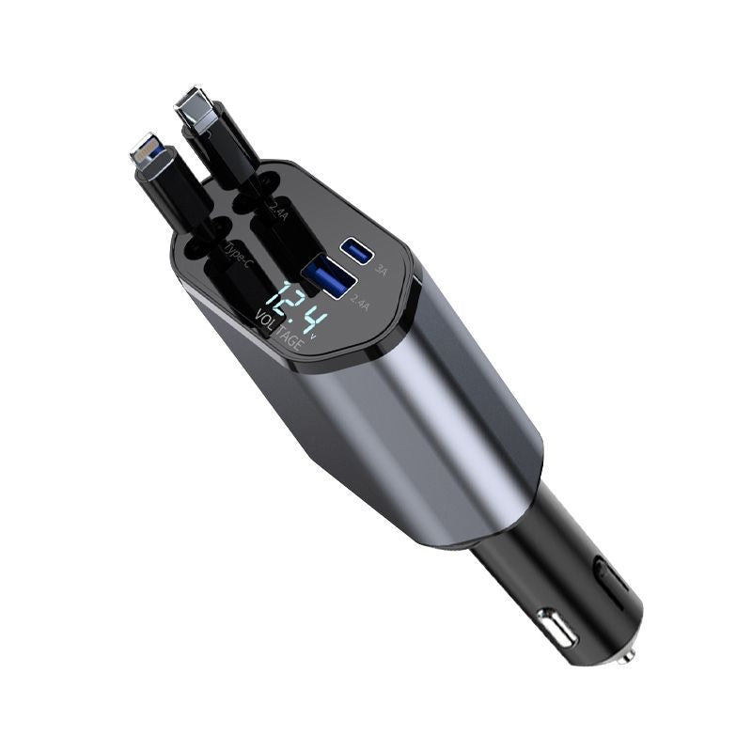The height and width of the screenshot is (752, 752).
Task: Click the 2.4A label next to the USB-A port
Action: (x=358, y=302)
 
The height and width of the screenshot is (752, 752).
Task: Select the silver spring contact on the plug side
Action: (x=554, y=627)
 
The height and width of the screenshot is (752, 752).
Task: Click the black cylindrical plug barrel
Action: (x=564, y=583)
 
